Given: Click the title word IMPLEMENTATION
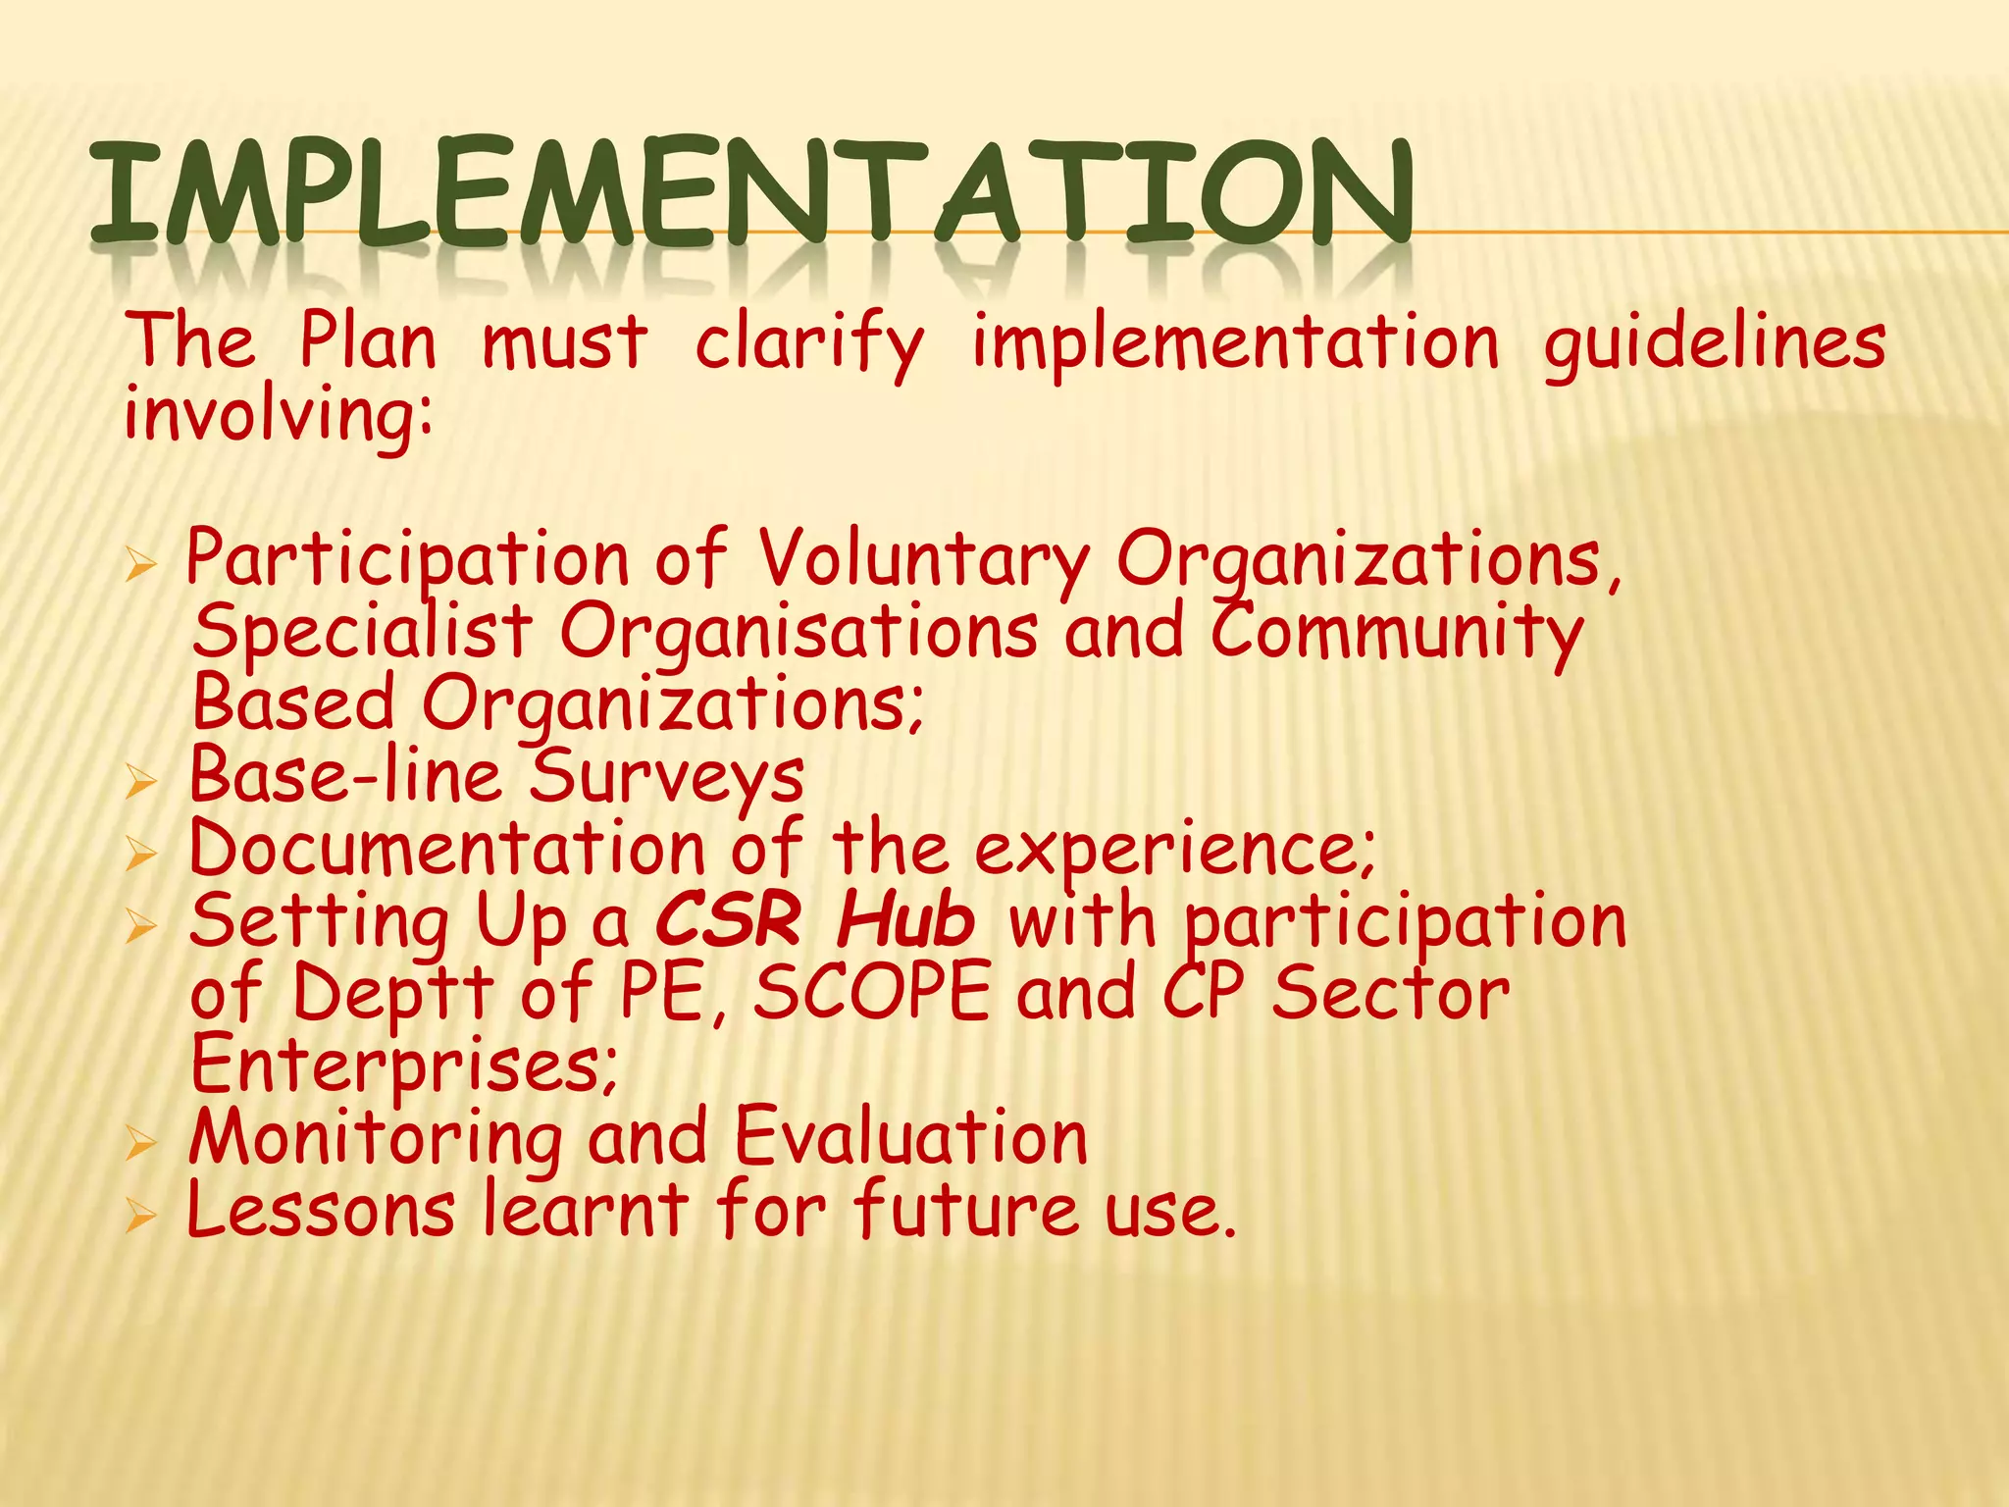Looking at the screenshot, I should [x=751, y=192].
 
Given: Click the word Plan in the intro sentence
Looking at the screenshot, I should [x=368, y=341].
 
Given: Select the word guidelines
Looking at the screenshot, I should [x=1715, y=345].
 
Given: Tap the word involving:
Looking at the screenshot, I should [x=279, y=415].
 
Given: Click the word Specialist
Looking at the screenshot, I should [x=362, y=634].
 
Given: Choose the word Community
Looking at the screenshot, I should [x=1397, y=634].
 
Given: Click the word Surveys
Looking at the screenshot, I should [x=667, y=777].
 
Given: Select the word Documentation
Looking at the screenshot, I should [x=447, y=848].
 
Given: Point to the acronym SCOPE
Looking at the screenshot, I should [x=872, y=993].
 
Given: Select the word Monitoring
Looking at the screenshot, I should [x=376, y=1138].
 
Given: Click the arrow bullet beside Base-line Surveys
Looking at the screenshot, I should [x=141, y=782].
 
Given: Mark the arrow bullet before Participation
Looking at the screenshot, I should [x=141, y=566].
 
